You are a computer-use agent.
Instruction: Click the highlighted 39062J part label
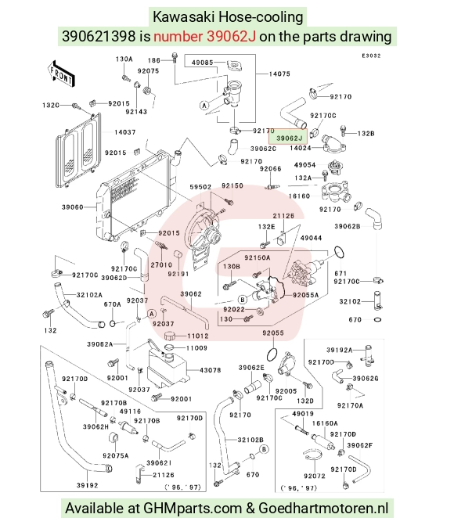click(288, 138)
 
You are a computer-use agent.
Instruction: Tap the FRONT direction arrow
click(60, 74)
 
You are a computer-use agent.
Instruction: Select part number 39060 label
click(72, 207)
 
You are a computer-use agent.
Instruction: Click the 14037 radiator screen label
click(125, 132)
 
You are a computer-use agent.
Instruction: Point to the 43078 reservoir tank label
click(211, 370)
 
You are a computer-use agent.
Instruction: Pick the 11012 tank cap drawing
click(172, 336)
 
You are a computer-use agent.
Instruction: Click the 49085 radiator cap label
click(203, 63)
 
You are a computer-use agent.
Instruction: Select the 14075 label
click(279, 74)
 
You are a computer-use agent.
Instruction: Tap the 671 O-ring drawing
click(340, 252)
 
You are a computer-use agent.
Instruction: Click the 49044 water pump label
click(311, 238)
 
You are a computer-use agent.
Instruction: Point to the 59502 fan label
click(200, 187)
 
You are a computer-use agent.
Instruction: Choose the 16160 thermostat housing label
click(299, 196)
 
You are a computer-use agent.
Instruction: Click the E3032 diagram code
click(371, 56)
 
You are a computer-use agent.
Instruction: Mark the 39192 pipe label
click(87, 485)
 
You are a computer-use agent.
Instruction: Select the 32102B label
click(250, 440)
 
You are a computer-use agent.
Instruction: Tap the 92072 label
click(315, 476)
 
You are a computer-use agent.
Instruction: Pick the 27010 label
click(161, 264)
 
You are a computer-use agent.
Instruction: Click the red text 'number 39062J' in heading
click(205, 36)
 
